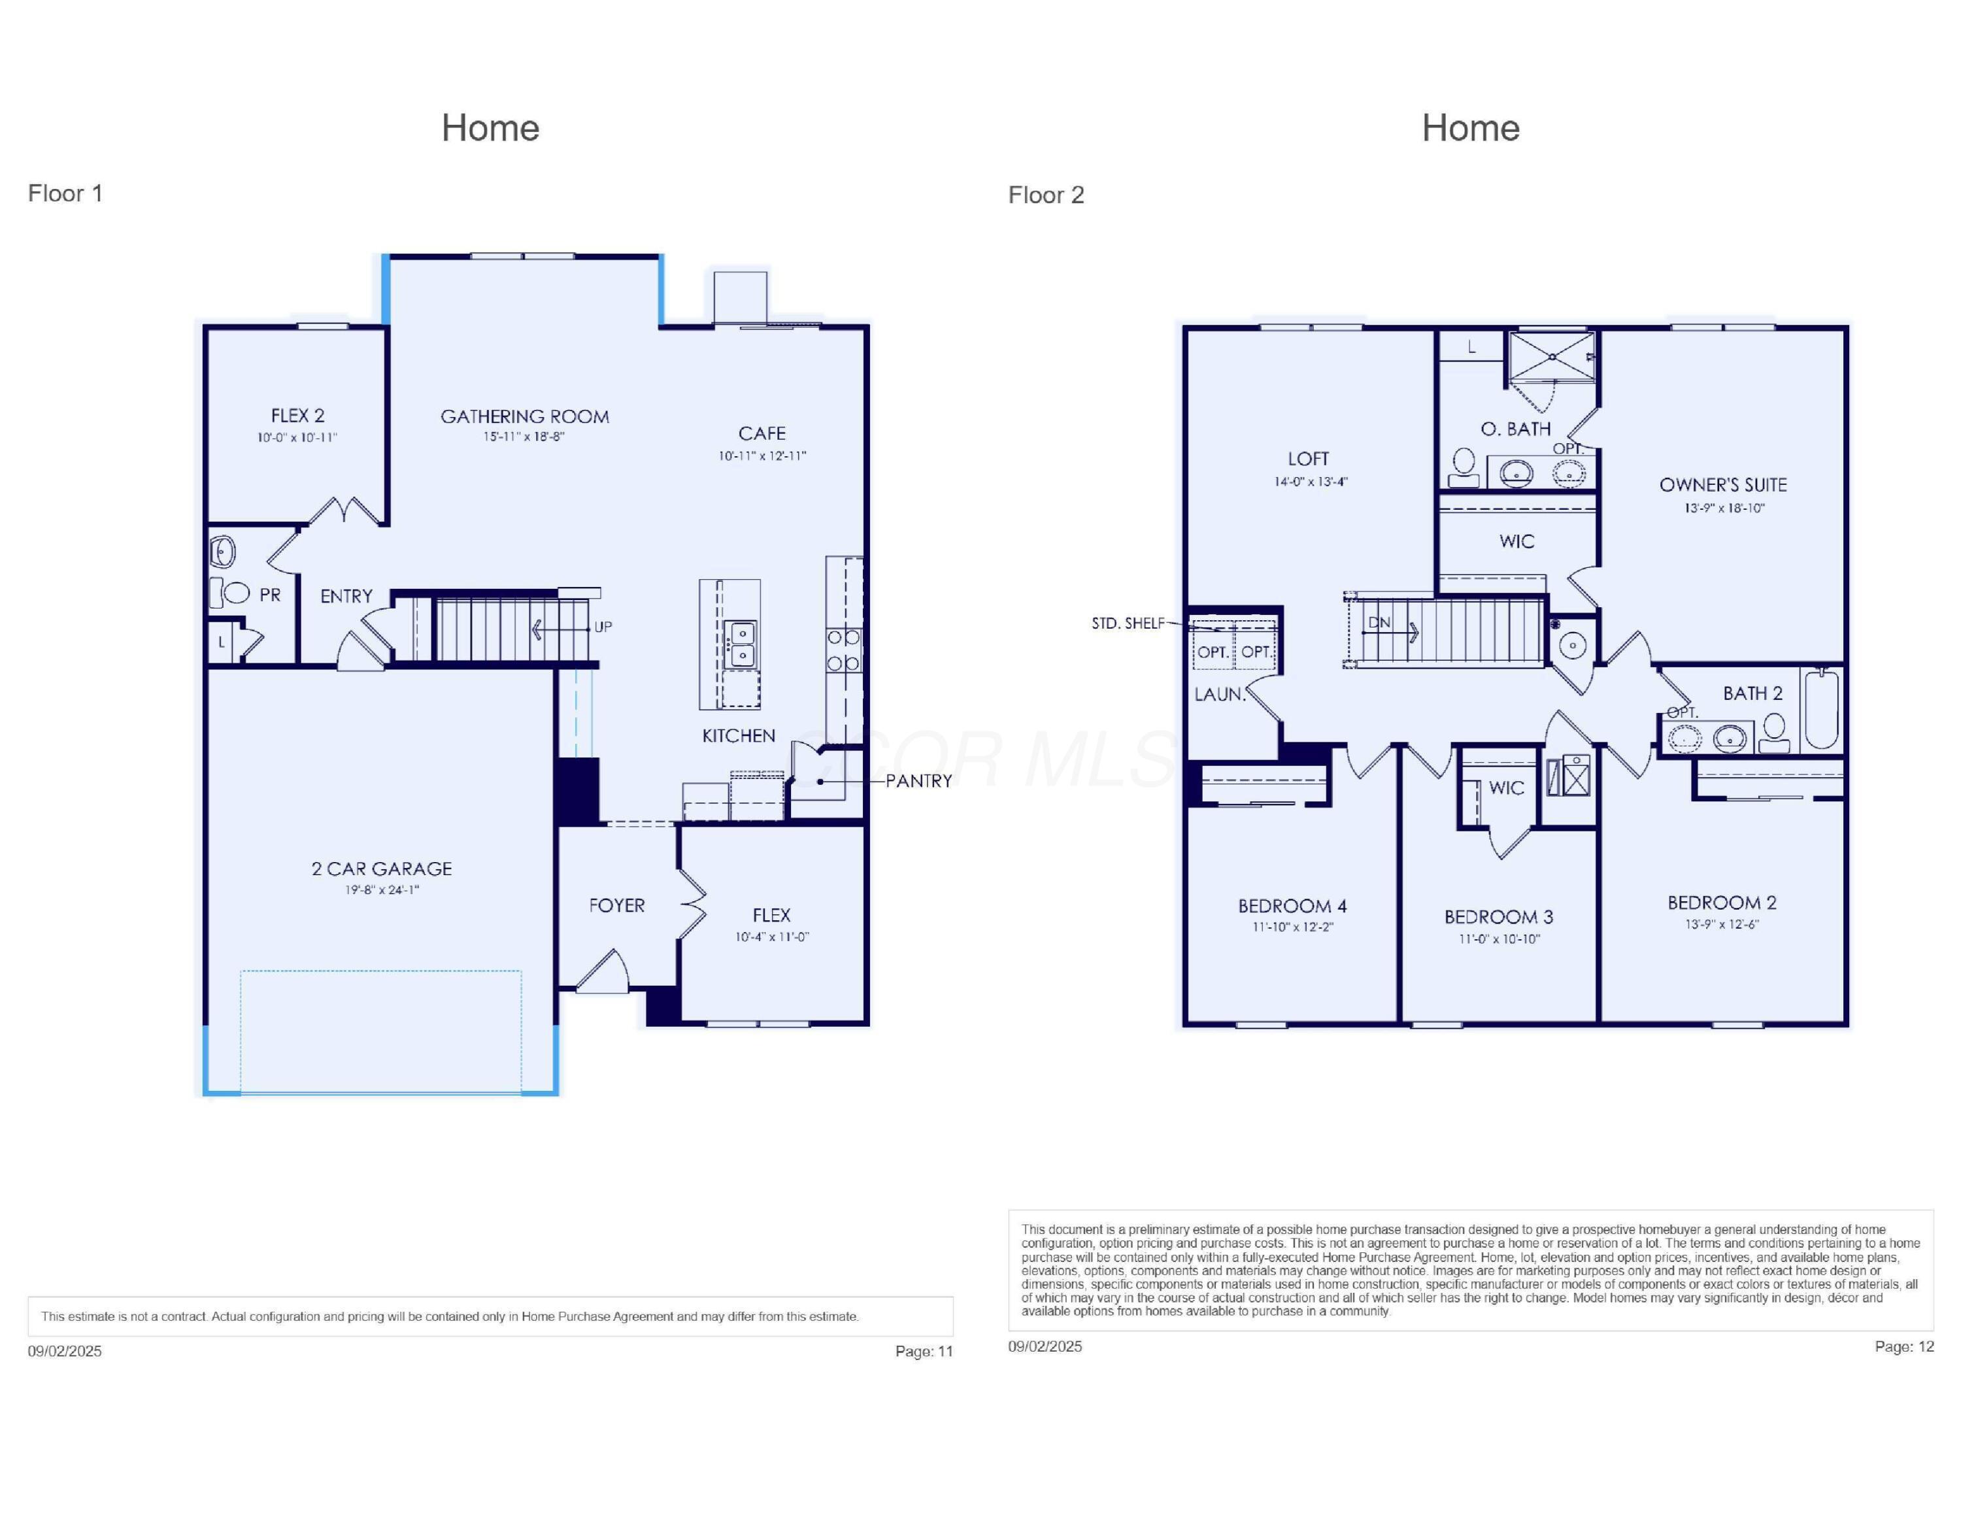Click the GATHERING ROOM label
point(524,416)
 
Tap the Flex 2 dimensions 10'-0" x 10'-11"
point(297,438)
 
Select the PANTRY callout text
point(918,781)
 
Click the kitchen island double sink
point(742,644)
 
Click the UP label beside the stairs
point(603,627)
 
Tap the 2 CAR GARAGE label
point(382,869)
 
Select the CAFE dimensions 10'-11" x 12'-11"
point(762,456)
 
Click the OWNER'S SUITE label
point(1722,486)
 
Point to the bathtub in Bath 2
point(1822,709)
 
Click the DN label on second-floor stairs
point(1379,623)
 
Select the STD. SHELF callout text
point(1128,623)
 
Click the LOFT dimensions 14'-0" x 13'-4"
point(1310,482)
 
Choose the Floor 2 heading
point(1046,195)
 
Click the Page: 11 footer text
point(923,1351)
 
